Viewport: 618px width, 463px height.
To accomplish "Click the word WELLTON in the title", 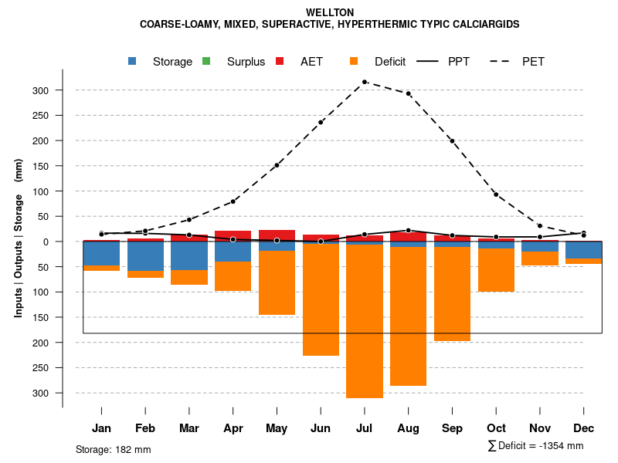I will [x=330, y=12].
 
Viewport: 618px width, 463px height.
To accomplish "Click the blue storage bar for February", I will [x=145, y=256].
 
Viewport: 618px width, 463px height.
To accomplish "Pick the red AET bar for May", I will [x=277, y=235].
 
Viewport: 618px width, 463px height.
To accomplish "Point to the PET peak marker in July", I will [x=365, y=81].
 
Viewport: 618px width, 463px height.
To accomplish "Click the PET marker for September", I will [x=453, y=141].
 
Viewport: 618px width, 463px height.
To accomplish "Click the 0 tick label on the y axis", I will [x=46, y=242].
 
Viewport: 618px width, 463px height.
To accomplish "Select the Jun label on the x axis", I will [x=321, y=428].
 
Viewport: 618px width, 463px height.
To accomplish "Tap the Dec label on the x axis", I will [x=584, y=428].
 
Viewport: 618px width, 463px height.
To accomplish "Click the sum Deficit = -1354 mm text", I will [x=535, y=446].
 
